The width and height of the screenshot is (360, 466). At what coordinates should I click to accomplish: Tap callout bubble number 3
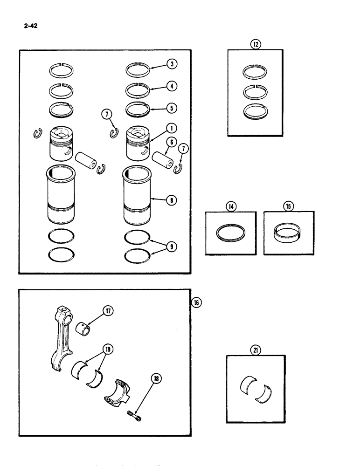click(173, 64)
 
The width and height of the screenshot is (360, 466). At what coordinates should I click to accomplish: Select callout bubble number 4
click(173, 86)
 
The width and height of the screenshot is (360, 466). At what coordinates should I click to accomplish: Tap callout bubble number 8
click(173, 201)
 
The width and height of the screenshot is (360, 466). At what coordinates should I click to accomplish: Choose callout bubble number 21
click(255, 351)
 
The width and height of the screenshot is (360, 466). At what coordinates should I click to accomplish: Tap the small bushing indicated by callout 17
click(83, 325)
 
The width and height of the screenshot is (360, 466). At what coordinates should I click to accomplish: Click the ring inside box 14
click(230, 233)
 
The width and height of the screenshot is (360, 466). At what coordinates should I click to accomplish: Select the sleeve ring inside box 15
click(289, 233)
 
